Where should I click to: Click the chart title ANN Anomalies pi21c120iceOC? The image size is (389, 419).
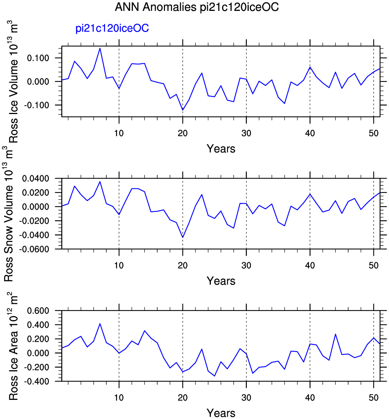(x=197, y=8)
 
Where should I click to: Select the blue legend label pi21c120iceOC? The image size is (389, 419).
(x=113, y=29)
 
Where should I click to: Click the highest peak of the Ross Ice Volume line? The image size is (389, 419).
(x=100, y=48)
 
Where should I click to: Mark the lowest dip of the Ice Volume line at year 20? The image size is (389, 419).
(x=183, y=110)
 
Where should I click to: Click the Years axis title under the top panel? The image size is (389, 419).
(x=221, y=149)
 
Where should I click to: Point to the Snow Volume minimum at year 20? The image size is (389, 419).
(x=183, y=237)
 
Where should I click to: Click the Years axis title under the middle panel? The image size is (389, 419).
(x=221, y=281)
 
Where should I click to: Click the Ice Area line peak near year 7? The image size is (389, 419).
(x=100, y=323)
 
